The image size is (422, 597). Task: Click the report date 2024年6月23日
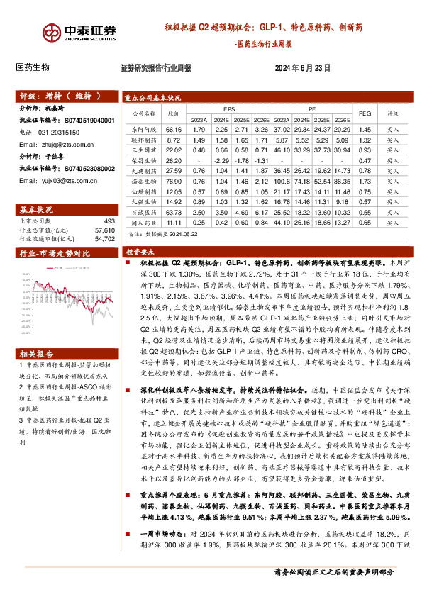tap(303, 68)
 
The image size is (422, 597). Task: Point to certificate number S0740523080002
tap(89, 168)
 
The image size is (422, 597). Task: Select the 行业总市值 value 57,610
tap(104, 231)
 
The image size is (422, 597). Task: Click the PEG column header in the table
tap(365, 113)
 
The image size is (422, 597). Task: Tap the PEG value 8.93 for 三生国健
tap(365, 150)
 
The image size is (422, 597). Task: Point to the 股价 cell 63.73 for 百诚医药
tap(174, 212)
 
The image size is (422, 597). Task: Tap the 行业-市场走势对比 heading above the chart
tap(55, 253)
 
